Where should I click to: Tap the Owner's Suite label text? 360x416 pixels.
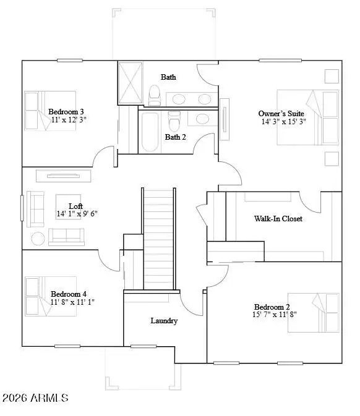click(x=281, y=113)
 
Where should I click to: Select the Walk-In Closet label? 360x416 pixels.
click(x=278, y=219)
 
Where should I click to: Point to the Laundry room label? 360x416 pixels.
click(x=165, y=321)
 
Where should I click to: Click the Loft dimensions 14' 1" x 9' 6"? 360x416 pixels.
click(x=77, y=214)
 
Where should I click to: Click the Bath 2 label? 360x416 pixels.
click(x=175, y=137)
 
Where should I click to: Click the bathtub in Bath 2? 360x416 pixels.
click(x=150, y=132)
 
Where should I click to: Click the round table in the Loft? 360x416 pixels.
click(x=38, y=238)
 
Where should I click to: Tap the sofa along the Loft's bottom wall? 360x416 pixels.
click(x=67, y=237)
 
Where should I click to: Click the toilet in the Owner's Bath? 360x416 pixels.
click(x=155, y=94)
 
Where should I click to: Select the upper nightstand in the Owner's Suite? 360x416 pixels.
click(x=332, y=75)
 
